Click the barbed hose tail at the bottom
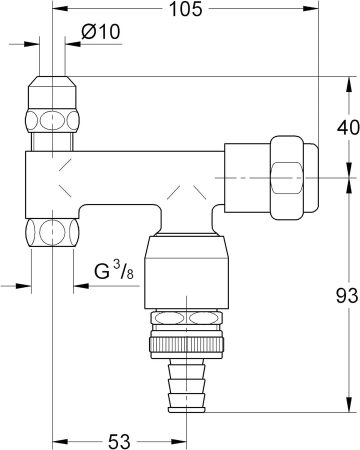point(186,385)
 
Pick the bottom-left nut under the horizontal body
point(52,232)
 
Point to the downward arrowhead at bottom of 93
point(348,406)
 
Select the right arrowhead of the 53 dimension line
point(179,441)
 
